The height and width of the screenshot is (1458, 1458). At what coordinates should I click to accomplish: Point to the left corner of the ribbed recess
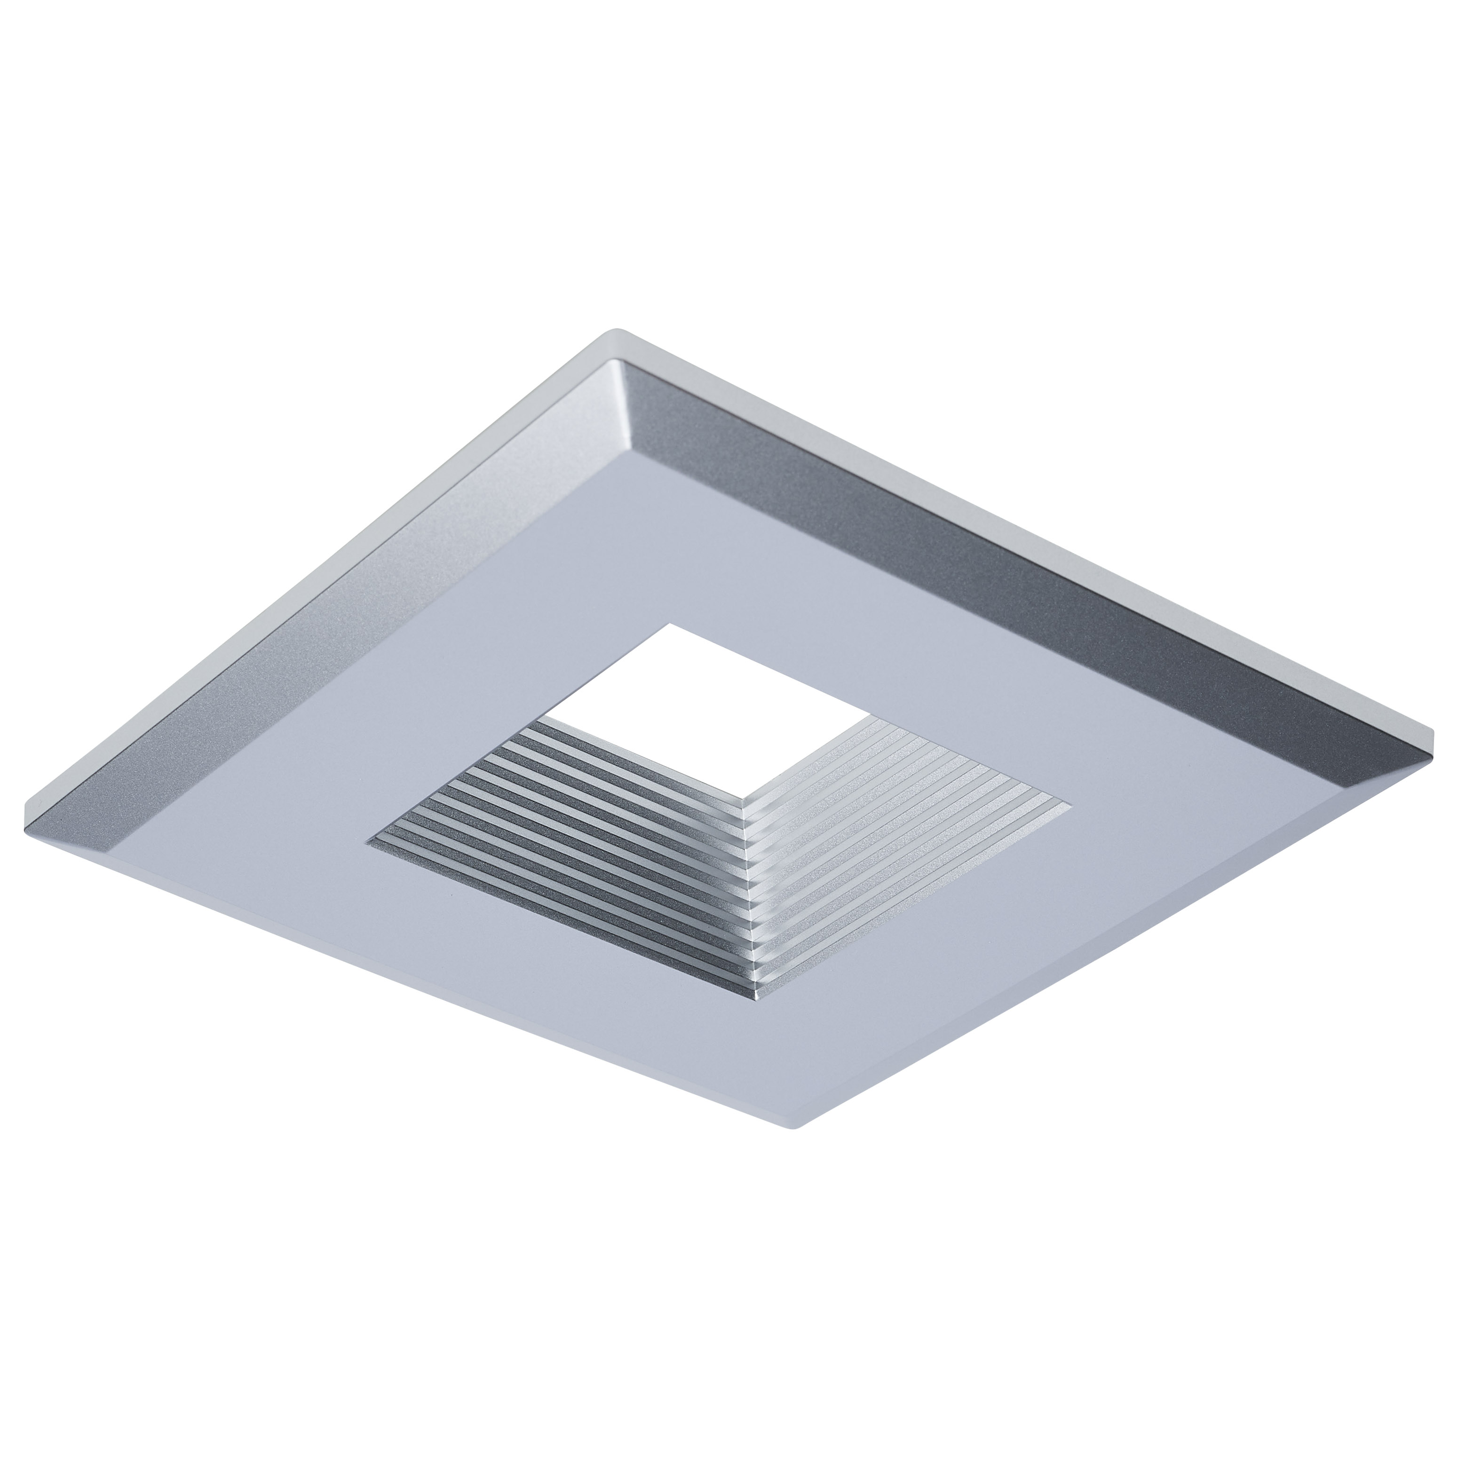click(x=369, y=839)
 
